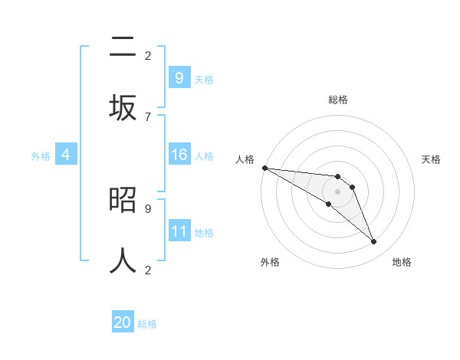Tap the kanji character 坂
tap(123, 107)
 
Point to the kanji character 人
tap(123, 260)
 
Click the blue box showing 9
tap(179, 77)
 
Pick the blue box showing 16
tap(179, 155)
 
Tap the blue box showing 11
tap(179, 231)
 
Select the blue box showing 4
tap(66, 155)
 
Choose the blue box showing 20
tap(123, 322)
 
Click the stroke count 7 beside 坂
tap(148, 116)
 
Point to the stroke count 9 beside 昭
tap(148, 208)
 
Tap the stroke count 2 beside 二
tap(148, 56)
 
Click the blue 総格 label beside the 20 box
tap(147, 324)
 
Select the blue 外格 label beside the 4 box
tap(41, 156)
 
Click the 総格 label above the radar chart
tap(338, 100)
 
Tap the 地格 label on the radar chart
tap(402, 262)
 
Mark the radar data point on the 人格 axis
tap(264, 168)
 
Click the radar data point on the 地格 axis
tap(373, 242)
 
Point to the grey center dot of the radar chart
tap(337, 191)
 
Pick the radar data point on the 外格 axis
tap(328, 204)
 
